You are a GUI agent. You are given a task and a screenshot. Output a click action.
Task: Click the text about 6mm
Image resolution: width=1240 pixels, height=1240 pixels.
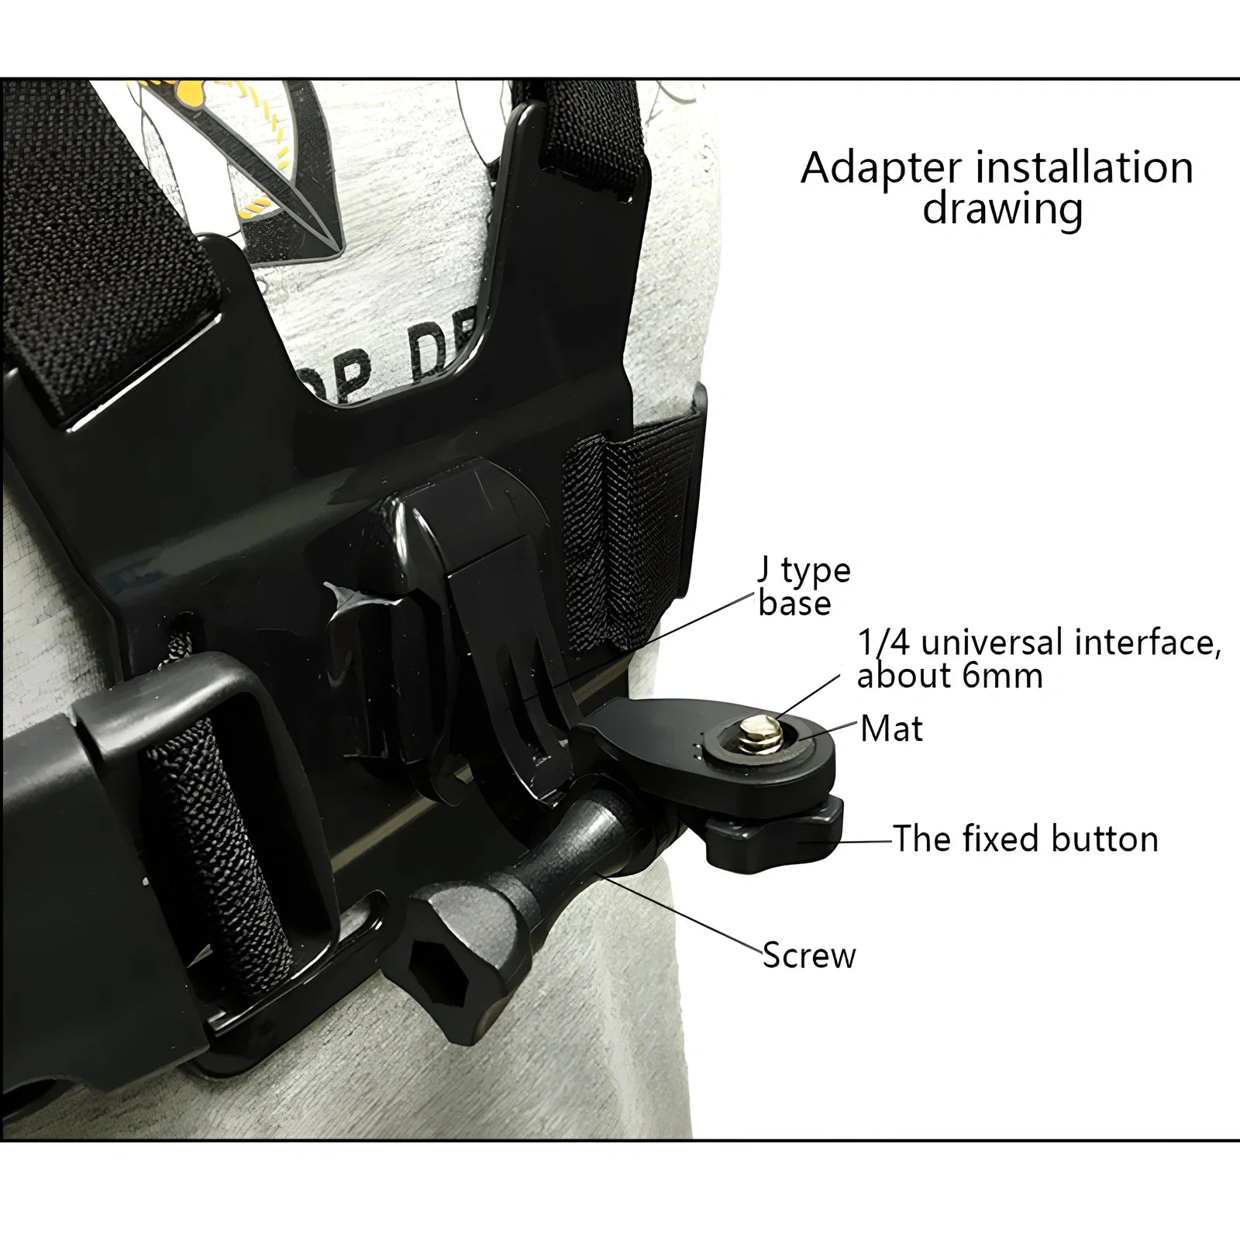[949, 677]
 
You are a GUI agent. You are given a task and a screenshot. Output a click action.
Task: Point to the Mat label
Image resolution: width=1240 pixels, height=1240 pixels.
[891, 729]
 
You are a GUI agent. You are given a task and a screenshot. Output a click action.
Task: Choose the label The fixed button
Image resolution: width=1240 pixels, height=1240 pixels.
[1025, 839]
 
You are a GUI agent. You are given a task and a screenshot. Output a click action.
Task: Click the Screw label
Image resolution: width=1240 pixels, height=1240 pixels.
[808, 956]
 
